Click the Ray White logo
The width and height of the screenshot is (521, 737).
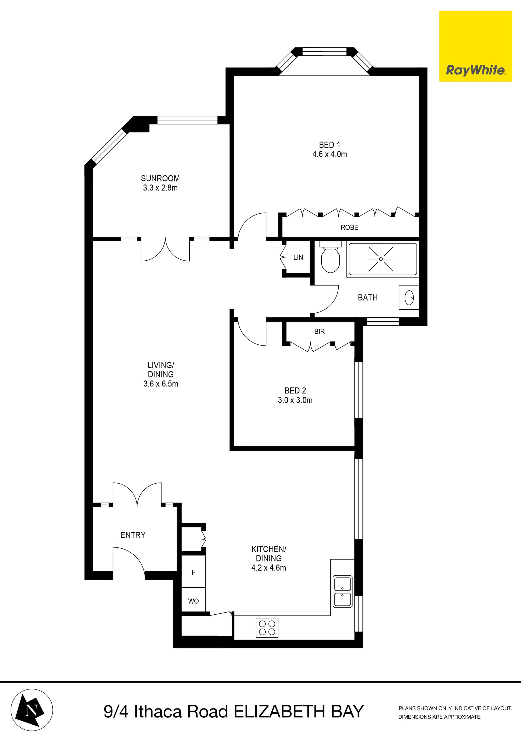point(475,70)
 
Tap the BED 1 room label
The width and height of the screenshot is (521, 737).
point(329,145)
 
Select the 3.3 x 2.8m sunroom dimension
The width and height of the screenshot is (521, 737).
point(160,188)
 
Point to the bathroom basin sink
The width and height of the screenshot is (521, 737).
point(409,298)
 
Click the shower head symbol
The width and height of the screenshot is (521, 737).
point(381,259)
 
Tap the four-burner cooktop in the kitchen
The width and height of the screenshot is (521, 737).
point(267,628)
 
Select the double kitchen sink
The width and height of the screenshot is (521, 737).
point(342,591)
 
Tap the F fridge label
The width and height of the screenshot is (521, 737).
point(193,572)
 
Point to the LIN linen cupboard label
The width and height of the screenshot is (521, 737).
point(298,257)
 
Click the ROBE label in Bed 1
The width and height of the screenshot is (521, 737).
point(349,227)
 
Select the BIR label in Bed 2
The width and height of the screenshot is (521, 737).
point(319,331)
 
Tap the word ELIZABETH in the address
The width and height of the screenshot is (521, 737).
point(279,712)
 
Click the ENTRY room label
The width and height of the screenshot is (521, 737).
point(133,535)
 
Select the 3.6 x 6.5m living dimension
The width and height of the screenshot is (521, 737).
point(160,384)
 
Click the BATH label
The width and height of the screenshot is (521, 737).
point(368,298)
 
